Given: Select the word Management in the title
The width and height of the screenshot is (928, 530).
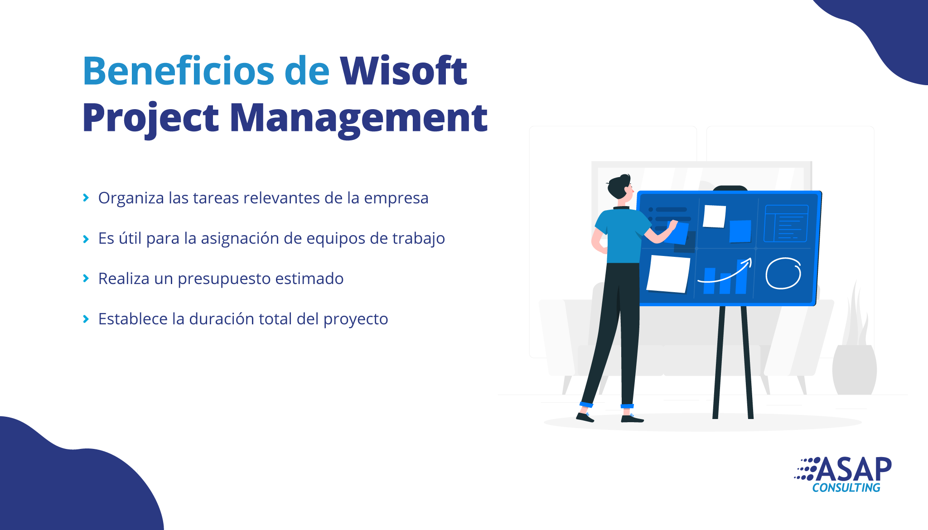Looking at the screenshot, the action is (x=358, y=119).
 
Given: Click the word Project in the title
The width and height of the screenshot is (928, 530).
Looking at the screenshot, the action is (x=150, y=119).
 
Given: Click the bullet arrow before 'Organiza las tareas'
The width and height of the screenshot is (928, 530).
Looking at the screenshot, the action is (x=86, y=198).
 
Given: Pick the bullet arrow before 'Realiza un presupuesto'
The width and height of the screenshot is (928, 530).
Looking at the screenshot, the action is (x=86, y=279).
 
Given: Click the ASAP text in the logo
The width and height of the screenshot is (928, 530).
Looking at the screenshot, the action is (x=854, y=469).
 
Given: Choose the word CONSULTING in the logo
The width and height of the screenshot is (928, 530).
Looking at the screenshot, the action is (x=846, y=488).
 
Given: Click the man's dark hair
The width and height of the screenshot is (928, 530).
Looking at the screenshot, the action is (x=618, y=186).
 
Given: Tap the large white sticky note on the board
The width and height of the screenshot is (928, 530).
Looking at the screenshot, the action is (x=668, y=274).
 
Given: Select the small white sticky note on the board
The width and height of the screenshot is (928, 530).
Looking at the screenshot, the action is (x=714, y=216).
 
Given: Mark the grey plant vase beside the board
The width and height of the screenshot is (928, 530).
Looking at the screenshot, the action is (x=855, y=369).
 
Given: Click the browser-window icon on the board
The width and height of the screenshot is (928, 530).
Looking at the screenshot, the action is (x=786, y=223).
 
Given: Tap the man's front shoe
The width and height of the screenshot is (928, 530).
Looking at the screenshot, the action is (x=632, y=418).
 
